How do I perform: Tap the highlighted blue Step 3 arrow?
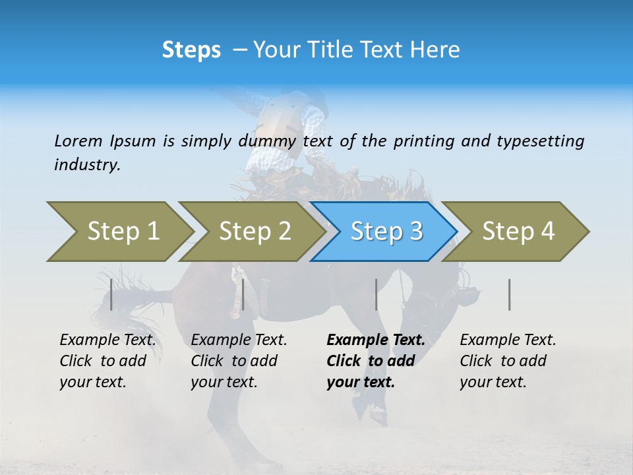pyautogui.click(x=385, y=232)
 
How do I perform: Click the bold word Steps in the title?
pyautogui.click(x=191, y=50)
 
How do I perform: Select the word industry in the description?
pyautogui.click(x=87, y=165)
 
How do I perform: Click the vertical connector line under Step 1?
pyautogui.click(x=111, y=294)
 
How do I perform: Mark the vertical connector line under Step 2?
pyautogui.click(x=243, y=294)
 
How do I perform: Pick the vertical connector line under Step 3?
pyautogui.click(x=377, y=294)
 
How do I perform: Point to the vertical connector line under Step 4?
pyautogui.click(x=510, y=294)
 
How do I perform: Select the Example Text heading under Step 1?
pyautogui.click(x=107, y=340)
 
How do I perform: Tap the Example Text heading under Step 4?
pyautogui.click(x=508, y=340)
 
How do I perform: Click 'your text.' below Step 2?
pyautogui.click(x=224, y=382)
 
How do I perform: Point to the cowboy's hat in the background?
pyautogui.click(x=315, y=99)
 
